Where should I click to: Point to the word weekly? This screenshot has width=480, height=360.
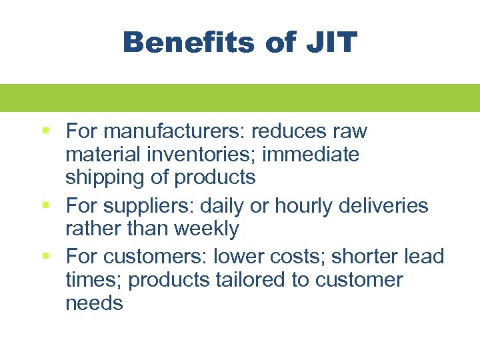click(x=206, y=229)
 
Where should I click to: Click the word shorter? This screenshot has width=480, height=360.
click(x=365, y=256)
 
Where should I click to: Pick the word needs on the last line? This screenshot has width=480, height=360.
click(x=94, y=303)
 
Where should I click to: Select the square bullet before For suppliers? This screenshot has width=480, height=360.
click(x=45, y=205)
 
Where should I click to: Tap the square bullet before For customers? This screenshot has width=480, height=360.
click(x=45, y=256)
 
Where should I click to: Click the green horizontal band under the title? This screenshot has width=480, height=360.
click(x=240, y=97)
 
